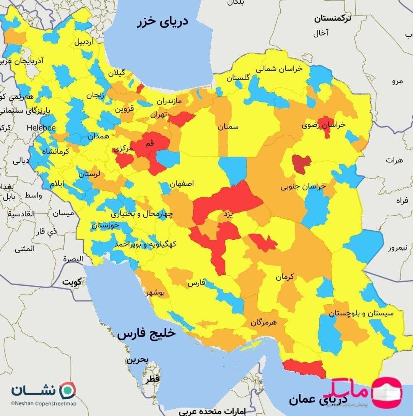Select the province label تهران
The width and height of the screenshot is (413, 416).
[159, 114]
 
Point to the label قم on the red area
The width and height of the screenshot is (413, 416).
[150, 143]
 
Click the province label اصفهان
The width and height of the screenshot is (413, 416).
[182, 184]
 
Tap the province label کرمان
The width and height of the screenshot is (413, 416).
[285, 277]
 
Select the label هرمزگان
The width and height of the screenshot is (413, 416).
[269, 322]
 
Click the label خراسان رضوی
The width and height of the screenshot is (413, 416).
[323, 125]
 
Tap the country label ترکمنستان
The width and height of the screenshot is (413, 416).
[332, 18]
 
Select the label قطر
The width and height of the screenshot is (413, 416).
[152, 379]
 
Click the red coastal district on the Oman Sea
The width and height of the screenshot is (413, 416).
[304, 368]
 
